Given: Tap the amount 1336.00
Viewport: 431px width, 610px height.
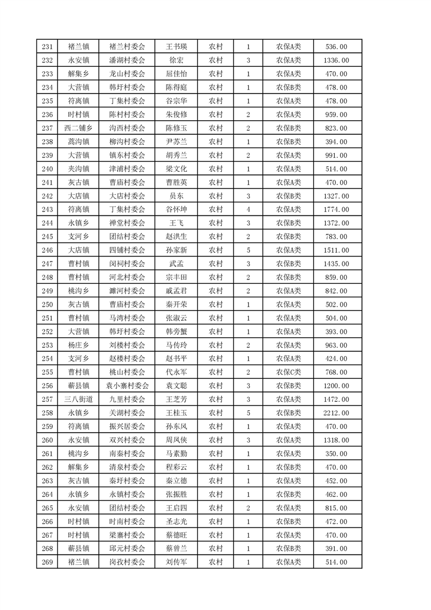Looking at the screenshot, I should [x=335, y=60].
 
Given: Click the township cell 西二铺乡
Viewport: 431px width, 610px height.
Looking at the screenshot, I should [x=78, y=128].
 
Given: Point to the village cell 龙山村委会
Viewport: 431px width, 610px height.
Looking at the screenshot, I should [x=127, y=74].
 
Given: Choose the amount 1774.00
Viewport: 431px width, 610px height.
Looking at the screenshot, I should [x=335, y=210].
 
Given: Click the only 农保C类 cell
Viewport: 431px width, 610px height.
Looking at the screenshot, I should [x=288, y=372].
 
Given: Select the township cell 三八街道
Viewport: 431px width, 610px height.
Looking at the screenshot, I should [x=78, y=400].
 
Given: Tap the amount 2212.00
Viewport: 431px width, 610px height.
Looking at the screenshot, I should [x=335, y=413].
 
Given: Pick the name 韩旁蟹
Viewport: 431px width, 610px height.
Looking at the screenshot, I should [x=176, y=332].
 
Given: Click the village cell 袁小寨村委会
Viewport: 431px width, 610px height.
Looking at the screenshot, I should [x=127, y=386].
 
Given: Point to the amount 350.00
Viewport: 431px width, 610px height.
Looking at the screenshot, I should [x=335, y=454].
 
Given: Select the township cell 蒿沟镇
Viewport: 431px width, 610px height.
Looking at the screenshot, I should [x=78, y=142].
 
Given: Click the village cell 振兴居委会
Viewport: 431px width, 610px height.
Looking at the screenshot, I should [x=127, y=427].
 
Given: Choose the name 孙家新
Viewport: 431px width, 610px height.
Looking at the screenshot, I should [x=176, y=250].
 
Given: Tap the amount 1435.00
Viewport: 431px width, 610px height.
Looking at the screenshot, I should [x=335, y=264].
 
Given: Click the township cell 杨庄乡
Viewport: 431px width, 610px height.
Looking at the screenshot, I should [x=78, y=345].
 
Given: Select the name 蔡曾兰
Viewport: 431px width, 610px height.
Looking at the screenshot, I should [x=176, y=549].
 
